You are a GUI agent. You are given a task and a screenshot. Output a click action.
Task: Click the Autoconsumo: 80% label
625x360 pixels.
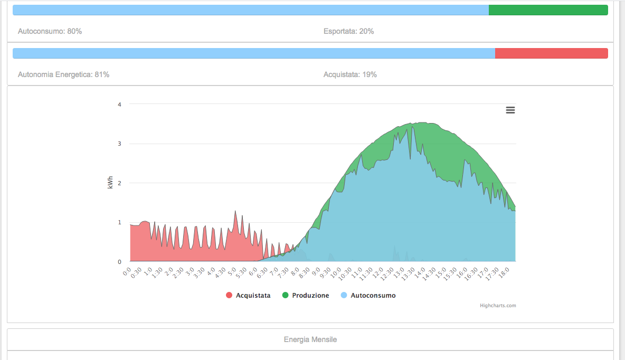[x=50, y=31]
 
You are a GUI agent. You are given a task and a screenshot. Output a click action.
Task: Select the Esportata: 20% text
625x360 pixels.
[x=348, y=31]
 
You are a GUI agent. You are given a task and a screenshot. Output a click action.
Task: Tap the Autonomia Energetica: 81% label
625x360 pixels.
[x=63, y=74]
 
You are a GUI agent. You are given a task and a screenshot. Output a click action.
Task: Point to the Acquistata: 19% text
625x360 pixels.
[x=350, y=74]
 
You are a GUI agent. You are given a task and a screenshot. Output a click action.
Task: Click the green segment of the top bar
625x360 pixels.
[x=548, y=10]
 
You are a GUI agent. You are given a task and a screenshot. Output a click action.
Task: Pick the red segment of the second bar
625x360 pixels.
[x=551, y=53]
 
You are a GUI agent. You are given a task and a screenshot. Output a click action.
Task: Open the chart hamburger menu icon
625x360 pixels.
[x=510, y=110]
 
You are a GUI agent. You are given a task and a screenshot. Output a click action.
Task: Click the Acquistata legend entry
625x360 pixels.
[x=253, y=296]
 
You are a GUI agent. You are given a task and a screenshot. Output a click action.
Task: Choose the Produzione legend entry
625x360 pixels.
[x=310, y=296]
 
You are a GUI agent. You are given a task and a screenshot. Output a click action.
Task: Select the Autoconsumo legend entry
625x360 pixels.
[x=373, y=296]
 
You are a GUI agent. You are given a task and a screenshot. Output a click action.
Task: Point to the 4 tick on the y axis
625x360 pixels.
[x=119, y=105]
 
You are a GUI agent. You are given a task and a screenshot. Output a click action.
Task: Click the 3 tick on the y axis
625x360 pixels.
[x=119, y=144]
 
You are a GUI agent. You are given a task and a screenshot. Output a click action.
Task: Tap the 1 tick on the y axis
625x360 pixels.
[x=119, y=222]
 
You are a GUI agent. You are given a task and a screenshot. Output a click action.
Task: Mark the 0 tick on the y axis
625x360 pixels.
[x=119, y=262]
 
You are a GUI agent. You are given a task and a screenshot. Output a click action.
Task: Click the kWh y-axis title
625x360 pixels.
[x=110, y=183]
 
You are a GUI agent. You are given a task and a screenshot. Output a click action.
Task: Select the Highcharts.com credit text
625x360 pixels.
[x=498, y=305]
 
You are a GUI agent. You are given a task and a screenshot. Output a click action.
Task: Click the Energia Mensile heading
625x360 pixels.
[x=310, y=339]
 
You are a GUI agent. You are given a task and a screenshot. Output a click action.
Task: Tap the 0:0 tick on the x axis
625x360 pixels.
[x=127, y=272]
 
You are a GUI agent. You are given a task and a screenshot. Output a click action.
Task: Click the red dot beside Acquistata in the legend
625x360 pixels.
[x=229, y=296]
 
